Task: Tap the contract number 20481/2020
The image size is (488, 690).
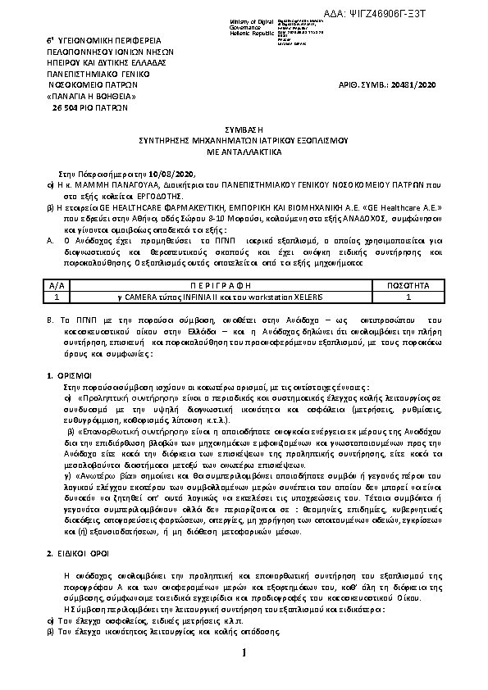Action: pos(414,84)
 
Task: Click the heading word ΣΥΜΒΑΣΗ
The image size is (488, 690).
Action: pos(244,130)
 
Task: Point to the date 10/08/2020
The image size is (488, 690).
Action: pos(174,174)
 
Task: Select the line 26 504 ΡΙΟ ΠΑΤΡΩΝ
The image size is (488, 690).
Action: pos(90,107)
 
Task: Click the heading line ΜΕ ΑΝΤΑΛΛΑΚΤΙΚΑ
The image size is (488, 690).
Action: pos(244,152)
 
